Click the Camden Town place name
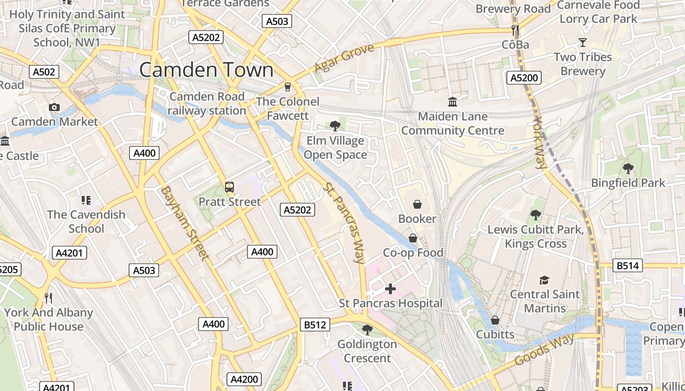pyautogui.click(x=206, y=70)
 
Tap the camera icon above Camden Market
pyautogui.click(x=54, y=107)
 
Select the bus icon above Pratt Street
pyautogui.click(x=229, y=187)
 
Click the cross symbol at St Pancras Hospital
pyautogui.click(x=390, y=289)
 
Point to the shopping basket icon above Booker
pyautogui.click(x=417, y=204)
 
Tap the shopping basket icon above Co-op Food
pyautogui.click(x=413, y=238)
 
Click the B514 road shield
pyautogui.click(x=628, y=266)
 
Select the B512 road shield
pyautogui.click(x=315, y=325)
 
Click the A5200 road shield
pyautogui.click(x=524, y=77)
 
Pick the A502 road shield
pyautogui.click(x=44, y=72)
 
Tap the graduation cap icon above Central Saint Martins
pyautogui.click(x=544, y=280)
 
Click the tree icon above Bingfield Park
pyautogui.click(x=628, y=169)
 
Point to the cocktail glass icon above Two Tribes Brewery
pyautogui.click(x=582, y=43)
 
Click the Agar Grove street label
pyautogui.click(x=344, y=57)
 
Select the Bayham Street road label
pyautogui.click(x=184, y=222)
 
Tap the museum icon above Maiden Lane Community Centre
pyautogui.click(x=453, y=102)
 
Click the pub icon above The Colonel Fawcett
pyautogui.click(x=287, y=87)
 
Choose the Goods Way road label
pyautogui.click(x=544, y=350)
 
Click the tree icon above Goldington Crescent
pyautogui.click(x=367, y=330)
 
